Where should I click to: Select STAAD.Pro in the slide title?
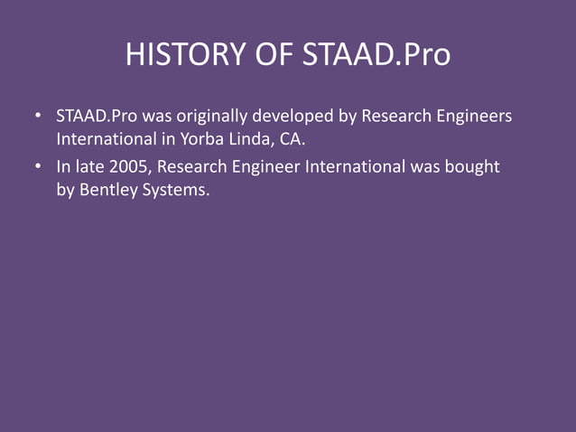pos(376,55)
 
